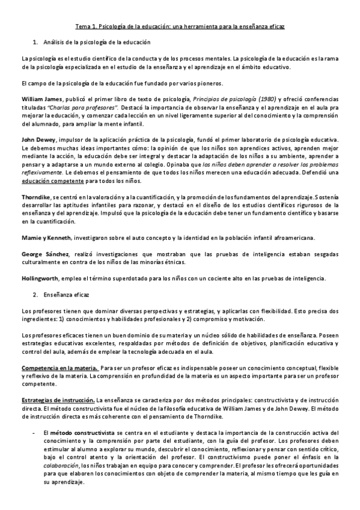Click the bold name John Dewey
tap(38, 140)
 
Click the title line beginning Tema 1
tap(180, 27)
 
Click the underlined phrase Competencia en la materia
tap(59, 367)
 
